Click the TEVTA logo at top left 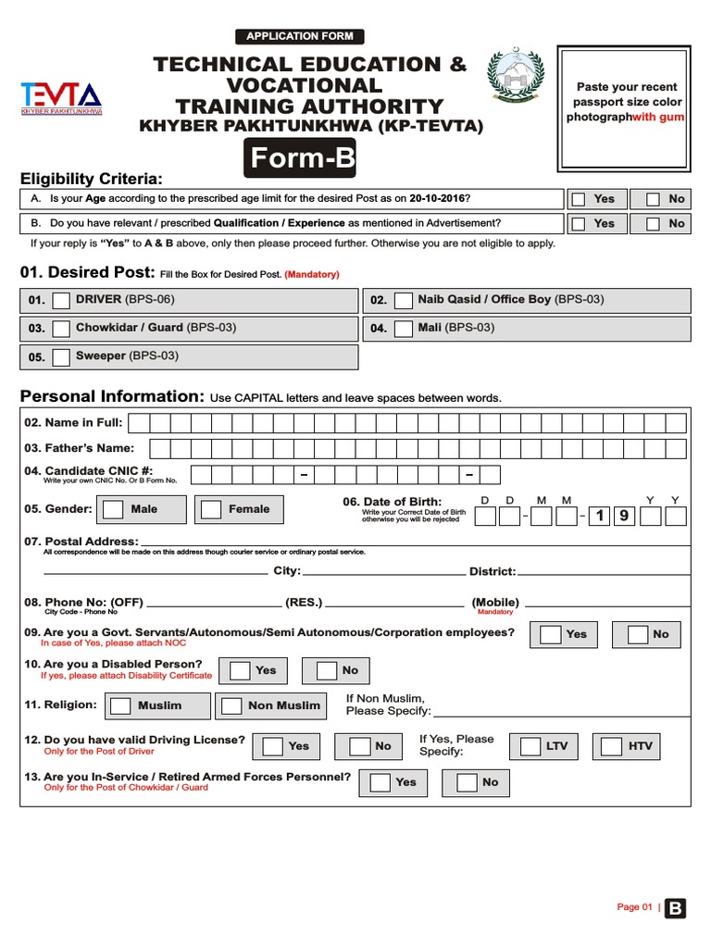[61, 97]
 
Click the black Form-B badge [300, 159]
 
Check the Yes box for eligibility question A [579, 199]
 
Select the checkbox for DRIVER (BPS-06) [61, 301]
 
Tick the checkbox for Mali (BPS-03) [403, 329]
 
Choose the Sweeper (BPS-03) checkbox [61, 356]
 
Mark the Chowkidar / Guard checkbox [61, 329]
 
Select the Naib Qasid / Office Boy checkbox [403, 301]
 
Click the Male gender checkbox [114, 509]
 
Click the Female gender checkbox [212, 509]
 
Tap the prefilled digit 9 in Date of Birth [623, 517]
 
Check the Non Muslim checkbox [231, 706]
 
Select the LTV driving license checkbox [530, 746]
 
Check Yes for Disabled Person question [240, 671]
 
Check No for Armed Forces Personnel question [465, 783]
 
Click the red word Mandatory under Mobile [495, 612]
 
